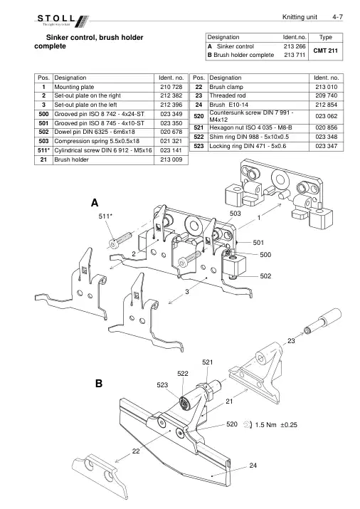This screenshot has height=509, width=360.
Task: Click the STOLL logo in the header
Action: click(x=63, y=21)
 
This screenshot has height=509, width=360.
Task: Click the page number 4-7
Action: click(x=337, y=17)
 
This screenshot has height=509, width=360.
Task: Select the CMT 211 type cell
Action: click(x=325, y=51)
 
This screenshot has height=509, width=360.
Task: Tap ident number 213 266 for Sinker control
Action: click(x=295, y=46)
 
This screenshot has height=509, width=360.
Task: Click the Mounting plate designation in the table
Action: click(x=74, y=87)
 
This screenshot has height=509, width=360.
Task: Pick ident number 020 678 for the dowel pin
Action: click(x=171, y=132)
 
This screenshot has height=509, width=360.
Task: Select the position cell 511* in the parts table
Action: click(x=43, y=150)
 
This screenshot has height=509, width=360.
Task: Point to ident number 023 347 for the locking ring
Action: click(x=327, y=146)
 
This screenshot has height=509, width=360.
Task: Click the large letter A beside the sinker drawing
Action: click(x=95, y=203)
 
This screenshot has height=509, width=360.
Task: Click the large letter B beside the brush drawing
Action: click(x=99, y=384)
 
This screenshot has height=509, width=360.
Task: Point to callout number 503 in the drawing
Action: click(x=235, y=214)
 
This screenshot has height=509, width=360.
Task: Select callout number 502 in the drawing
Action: click(x=265, y=276)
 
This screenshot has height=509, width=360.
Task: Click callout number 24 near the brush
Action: click(x=253, y=466)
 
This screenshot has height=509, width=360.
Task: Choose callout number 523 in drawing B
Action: click(x=162, y=385)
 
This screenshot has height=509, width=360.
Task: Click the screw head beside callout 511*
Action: click(x=114, y=243)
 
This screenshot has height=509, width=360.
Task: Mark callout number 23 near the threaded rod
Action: click(x=291, y=341)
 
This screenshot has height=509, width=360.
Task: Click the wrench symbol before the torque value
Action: click(x=248, y=424)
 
